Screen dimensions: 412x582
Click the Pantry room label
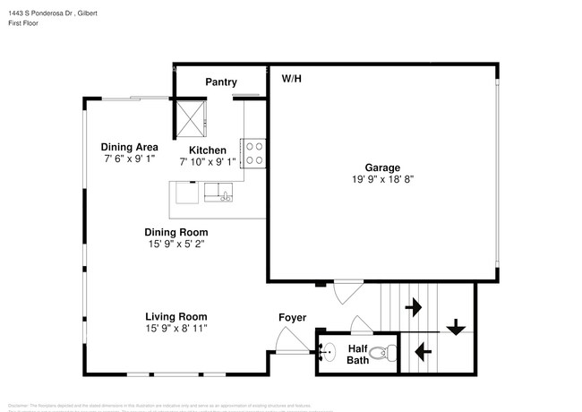220,82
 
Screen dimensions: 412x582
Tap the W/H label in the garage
292,79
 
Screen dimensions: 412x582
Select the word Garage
381,167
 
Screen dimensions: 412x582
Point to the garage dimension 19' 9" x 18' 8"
381,179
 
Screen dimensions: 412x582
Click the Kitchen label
208,150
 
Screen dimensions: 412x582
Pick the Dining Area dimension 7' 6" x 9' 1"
130,159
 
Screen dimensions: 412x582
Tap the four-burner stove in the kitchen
253,152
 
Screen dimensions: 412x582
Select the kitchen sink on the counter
218,191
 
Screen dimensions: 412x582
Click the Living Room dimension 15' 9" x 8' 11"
176,329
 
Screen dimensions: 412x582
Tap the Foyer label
292,318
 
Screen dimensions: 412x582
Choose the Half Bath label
357,355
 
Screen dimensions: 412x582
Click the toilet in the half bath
382,353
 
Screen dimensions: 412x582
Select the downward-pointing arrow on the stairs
456,327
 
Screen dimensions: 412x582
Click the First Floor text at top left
24,23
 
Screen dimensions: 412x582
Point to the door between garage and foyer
347,292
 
